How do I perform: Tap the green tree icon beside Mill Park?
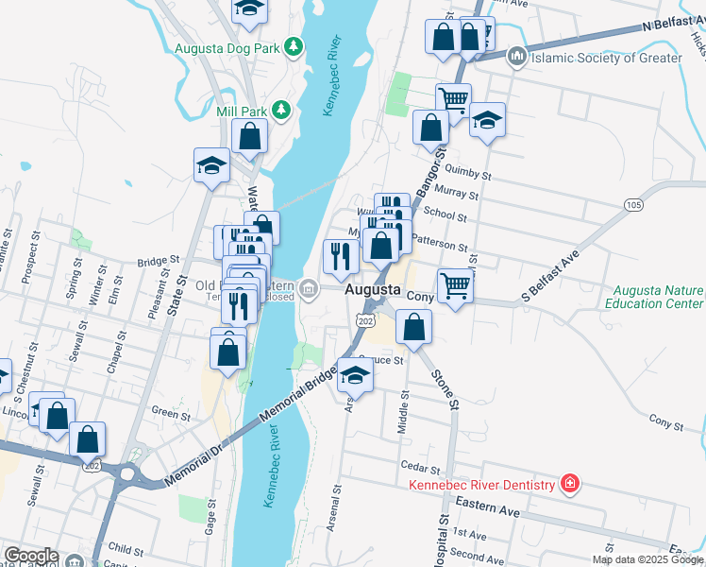[x=280, y=111]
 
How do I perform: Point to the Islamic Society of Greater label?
[x=606, y=58]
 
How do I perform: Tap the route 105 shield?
[x=632, y=205]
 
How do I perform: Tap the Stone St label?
[x=445, y=388]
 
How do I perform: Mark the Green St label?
[x=171, y=412]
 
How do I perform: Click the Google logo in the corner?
[x=31, y=556]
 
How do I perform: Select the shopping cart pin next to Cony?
[x=455, y=285]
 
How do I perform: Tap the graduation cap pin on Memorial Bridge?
[x=355, y=376]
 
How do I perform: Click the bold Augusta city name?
[x=374, y=290]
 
